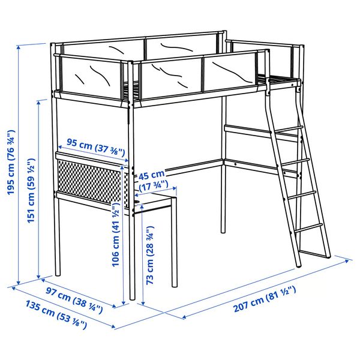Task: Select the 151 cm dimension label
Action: (32, 190)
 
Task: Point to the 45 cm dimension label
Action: (150, 176)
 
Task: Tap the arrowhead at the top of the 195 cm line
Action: (20, 46)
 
